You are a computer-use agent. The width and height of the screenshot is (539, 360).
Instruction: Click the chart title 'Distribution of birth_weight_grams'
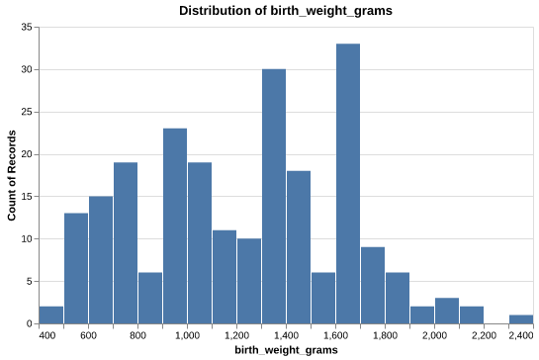click(x=286, y=11)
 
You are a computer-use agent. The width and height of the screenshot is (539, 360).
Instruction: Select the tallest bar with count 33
click(x=348, y=183)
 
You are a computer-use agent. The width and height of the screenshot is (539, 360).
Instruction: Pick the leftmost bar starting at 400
click(x=51, y=315)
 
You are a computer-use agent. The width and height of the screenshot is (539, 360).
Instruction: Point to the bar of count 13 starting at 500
click(x=76, y=268)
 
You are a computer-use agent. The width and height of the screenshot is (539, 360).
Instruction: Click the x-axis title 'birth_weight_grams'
click(x=286, y=350)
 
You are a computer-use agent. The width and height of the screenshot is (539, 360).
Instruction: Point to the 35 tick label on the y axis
click(x=26, y=28)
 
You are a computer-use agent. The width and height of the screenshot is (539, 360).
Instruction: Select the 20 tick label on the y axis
click(x=26, y=154)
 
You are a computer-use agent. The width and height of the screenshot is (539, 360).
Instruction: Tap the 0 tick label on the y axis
click(x=29, y=323)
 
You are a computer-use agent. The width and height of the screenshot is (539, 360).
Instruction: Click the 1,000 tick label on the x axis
click(x=187, y=336)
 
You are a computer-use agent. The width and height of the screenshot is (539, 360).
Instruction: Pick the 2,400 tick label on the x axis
click(x=520, y=336)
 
